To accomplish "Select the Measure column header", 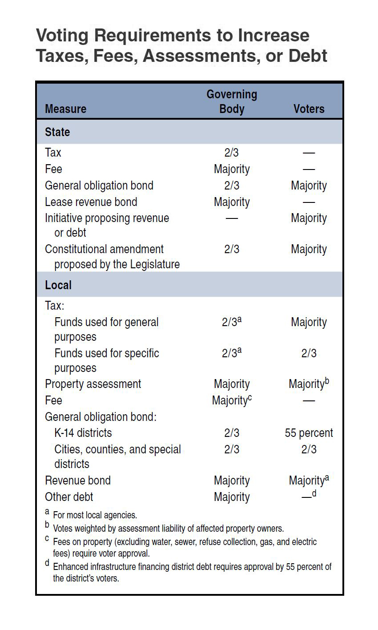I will [65, 109].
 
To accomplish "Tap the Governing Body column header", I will [232, 101].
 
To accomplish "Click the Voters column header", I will [309, 109].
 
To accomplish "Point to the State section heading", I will [57, 132].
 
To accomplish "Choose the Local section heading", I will [58, 285].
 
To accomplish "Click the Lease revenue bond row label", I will [91, 202].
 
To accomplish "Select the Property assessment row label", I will [93, 384].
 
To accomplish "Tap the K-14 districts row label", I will [83, 433].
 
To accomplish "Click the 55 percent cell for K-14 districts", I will [309, 433].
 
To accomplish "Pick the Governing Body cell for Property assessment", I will [232, 384].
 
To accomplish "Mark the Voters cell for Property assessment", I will [309, 384].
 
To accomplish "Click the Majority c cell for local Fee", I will [232, 400].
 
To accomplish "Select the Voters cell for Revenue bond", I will [309, 480].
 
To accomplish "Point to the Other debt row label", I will [69, 497].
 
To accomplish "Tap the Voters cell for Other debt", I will [309, 496].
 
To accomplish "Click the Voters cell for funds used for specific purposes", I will [309, 353].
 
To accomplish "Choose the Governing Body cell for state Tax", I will [232, 153].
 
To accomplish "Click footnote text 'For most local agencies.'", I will [95, 515].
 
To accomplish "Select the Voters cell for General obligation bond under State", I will [309, 186].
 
